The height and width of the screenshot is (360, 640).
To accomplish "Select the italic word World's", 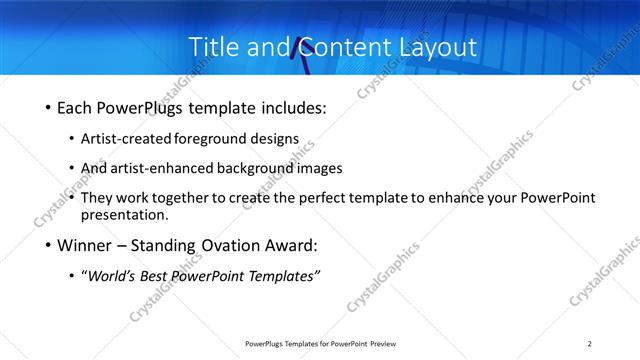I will [x=114, y=276].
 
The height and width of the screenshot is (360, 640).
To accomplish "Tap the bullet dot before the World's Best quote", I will [x=72, y=277].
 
